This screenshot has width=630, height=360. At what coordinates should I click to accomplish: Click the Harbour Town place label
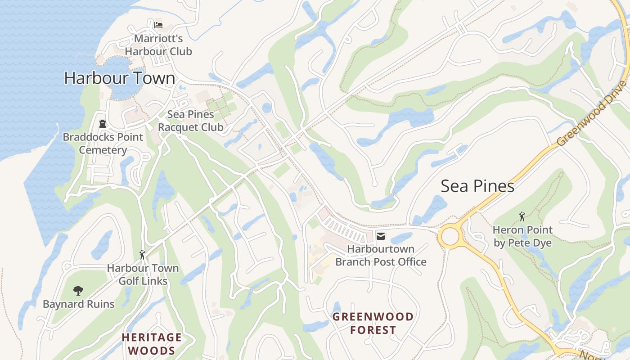[x=119, y=78]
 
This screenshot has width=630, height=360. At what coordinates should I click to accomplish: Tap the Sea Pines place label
[x=477, y=186]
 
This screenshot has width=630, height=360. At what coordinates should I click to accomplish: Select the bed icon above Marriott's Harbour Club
[x=158, y=25]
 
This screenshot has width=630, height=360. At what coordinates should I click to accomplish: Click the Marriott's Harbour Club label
[x=158, y=45]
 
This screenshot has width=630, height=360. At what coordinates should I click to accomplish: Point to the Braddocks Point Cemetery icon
[x=103, y=123]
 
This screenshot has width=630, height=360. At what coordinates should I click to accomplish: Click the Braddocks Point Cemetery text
[x=103, y=144]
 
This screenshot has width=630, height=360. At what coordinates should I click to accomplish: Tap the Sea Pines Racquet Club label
[x=190, y=121]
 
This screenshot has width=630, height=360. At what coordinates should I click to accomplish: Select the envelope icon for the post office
[x=381, y=236]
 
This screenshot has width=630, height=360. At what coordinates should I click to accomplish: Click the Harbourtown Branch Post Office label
[x=381, y=255]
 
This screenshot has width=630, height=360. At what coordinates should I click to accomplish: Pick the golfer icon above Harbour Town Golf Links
[x=143, y=255]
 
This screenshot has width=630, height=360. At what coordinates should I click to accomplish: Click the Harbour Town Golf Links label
[x=143, y=274]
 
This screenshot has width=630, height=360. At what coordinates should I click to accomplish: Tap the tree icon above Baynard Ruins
[x=78, y=290]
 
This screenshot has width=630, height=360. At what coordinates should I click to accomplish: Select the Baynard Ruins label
[x=79, y=304]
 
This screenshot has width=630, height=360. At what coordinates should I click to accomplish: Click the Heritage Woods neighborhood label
[x=152, y=344]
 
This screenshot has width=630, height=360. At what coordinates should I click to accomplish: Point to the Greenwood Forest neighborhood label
[x=373, y=323]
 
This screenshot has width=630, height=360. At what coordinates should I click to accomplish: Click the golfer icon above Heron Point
[x=522, y=216]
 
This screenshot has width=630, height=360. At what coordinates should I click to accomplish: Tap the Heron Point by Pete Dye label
[x=522, y=236]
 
